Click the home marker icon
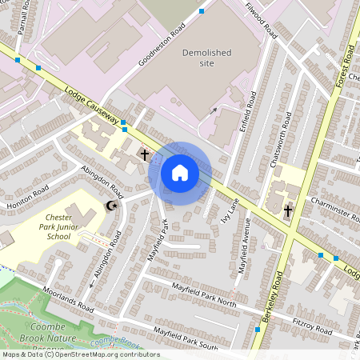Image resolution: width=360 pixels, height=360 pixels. click(180, 171)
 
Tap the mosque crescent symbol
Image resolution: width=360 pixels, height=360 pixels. click(112, 206)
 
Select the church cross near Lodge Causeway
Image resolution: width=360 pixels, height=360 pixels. click(145, 154)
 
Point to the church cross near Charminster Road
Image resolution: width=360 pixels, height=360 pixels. click(288, 210)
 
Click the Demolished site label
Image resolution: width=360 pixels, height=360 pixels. click(206, 58)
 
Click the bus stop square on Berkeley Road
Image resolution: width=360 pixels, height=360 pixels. click(258, 329)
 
